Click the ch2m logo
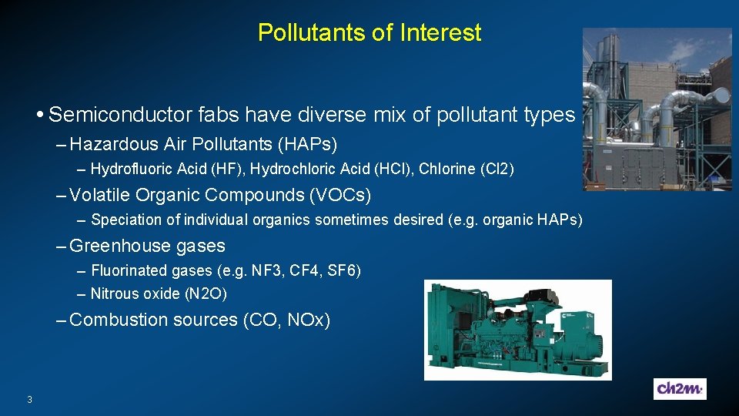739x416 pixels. click(x=680, y=389)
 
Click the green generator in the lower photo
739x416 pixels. click(x=517, y=330)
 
